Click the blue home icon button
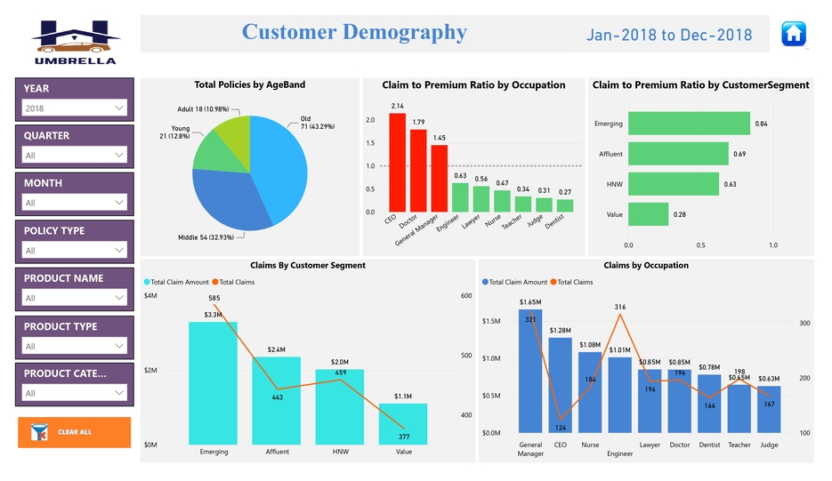(x=794, y=34)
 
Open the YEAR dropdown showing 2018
(x=75, y=108)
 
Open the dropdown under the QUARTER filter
(x=75, y=156)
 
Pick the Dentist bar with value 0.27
(x=565, y=205)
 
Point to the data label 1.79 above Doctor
(x=418, y=122)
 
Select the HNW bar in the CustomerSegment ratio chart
(x=674, y=184)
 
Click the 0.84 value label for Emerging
(x=761, y=124)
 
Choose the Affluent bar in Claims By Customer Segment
(x=277, y=400)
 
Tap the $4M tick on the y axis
(x=151, y=295)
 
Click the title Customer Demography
(x=354, y=32)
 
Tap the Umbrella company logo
(x=75, y=41)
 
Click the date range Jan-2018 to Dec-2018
(x=669, y=36)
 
